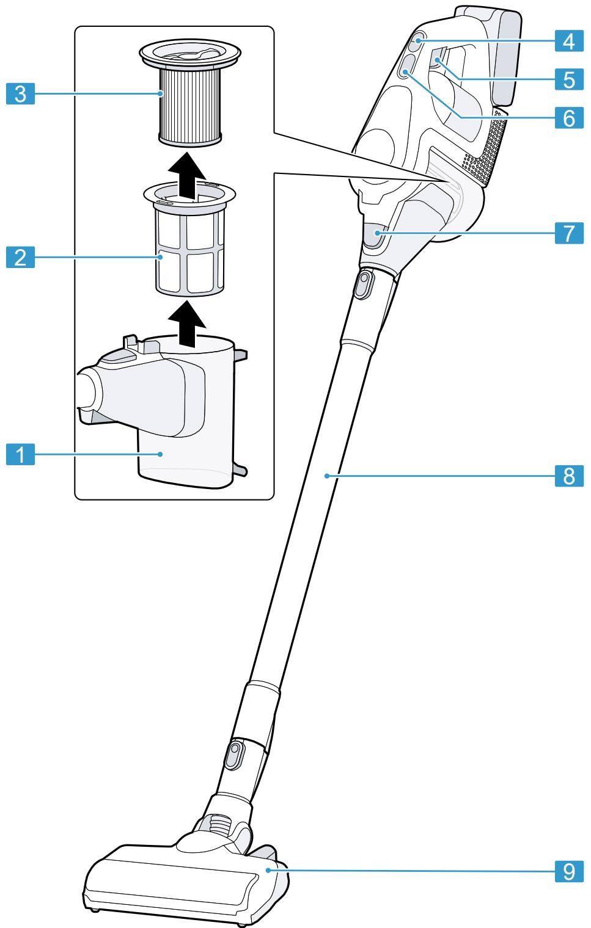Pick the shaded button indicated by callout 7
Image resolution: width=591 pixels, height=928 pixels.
click(373, 236)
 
